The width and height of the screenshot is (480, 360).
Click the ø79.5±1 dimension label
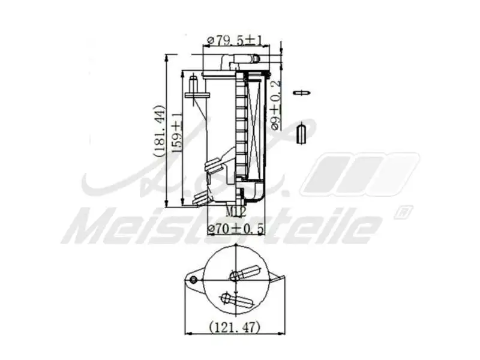(x=235, y=40)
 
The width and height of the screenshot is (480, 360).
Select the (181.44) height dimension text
(x=158, y=131)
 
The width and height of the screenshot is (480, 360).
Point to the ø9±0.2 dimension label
(x=276, y=105)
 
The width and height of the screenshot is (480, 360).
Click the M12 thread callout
(x=235, y=211)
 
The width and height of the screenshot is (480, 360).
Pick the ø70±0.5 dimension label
(x=236, y=229)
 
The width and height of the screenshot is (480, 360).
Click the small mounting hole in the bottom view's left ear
(x=193, y=280)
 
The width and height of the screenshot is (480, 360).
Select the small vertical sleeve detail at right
(x=302, y=133)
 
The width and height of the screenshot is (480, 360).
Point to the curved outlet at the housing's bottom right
(x=255, y=194)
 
